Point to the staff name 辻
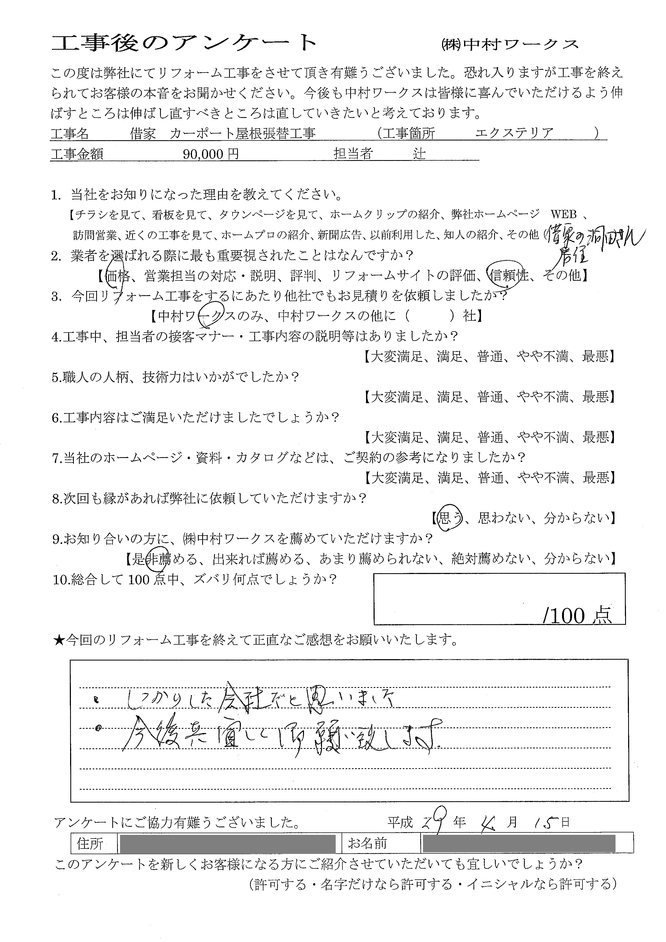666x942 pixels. click(x=419, y=154)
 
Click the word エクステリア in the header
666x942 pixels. click(x=514, y=133)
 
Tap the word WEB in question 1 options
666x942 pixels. click(x=563, y=214)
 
